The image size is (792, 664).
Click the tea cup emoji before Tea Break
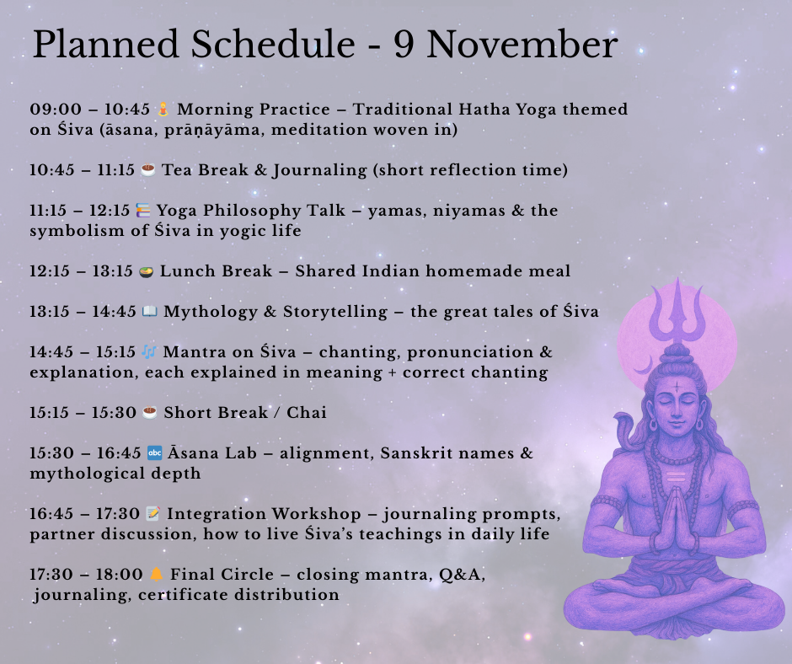coord(148,170)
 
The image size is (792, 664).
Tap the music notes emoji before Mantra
coord(148,352)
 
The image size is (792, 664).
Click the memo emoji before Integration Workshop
coord(153,514)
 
